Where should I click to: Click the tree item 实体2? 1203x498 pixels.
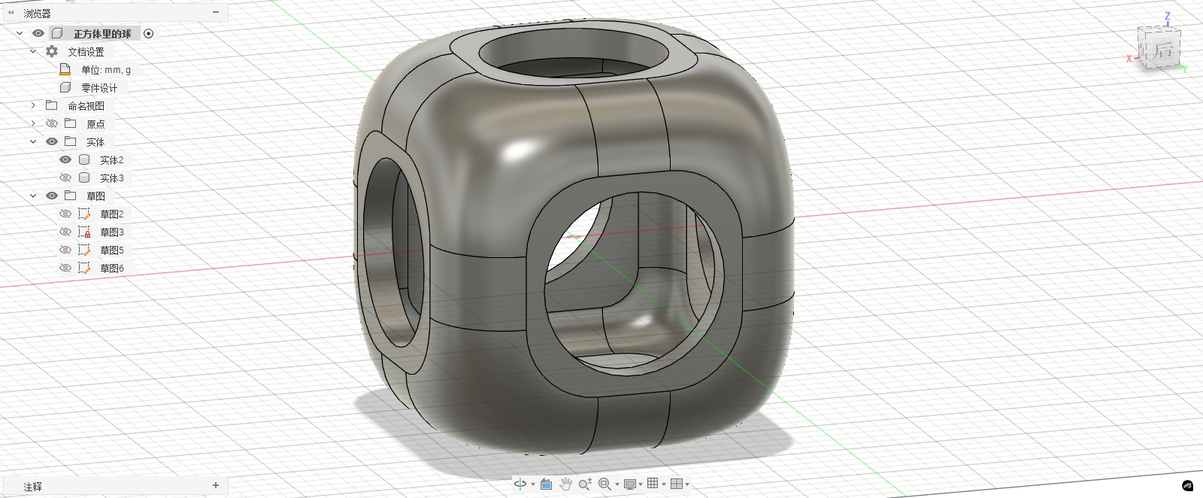point(111,160)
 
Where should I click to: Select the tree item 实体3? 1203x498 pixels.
point(111,178)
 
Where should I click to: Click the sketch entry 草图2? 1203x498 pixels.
point(111,214)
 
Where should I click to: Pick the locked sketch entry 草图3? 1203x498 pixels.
point(111,232)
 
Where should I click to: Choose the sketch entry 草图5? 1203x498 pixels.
point(111,250)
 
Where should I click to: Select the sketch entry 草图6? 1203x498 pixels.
point(111,268)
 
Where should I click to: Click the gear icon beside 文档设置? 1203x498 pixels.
point(52,52)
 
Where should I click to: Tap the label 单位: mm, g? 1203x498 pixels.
point(106,70)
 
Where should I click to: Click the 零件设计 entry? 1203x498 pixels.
point(98,87)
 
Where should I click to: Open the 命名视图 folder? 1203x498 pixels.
point(86,106)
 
